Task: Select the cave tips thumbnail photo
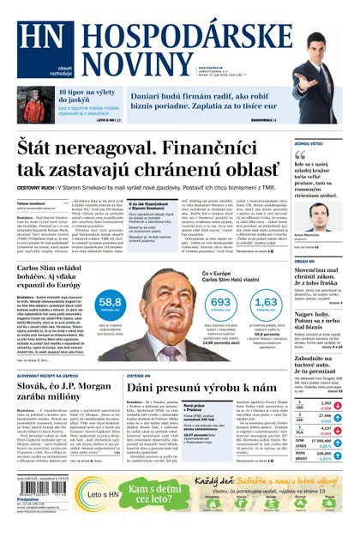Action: (x=36, y=103)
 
